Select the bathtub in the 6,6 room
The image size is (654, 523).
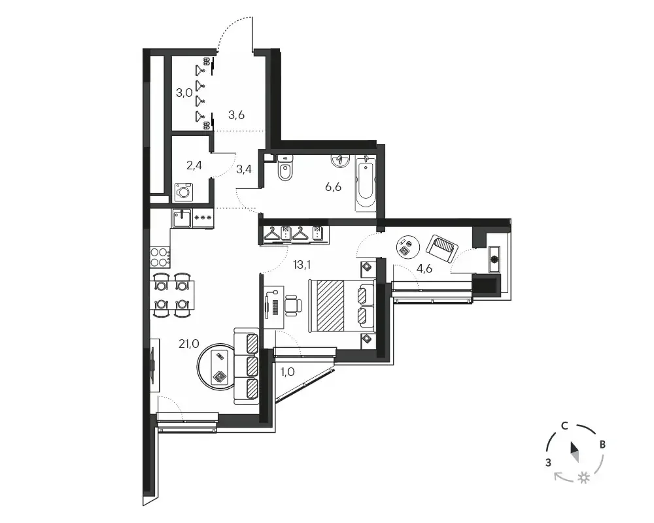(366, 183)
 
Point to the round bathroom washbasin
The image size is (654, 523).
(341, 161)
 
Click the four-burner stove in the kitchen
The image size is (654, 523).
(160, 258)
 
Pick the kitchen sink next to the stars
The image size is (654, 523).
(181, 218)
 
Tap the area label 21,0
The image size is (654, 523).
(188, 344)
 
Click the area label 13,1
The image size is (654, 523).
(302, 264)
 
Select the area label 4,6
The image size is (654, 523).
(424, 269)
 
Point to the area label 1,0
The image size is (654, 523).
(287, 371)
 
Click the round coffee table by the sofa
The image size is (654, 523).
(216, 367)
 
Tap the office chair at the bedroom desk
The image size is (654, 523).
(293, 305)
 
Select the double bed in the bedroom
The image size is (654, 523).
(342, 306)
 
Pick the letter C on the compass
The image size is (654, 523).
(564, 426)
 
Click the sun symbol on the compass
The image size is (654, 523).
(584, 477)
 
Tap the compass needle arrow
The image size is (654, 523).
(575, 452)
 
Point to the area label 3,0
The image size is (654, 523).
(184, 93)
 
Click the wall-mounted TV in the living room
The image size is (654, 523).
(154, 365)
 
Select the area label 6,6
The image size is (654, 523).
(334, 187)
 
